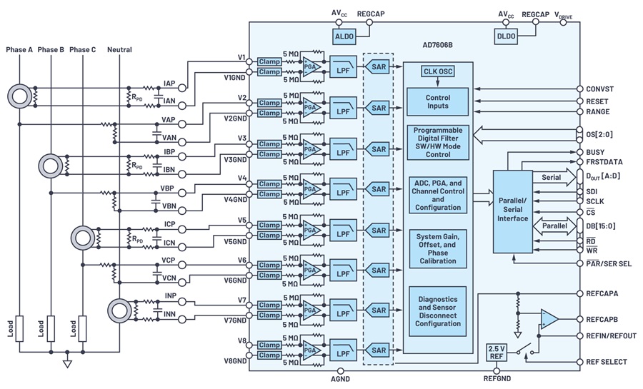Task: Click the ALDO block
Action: point(343,36)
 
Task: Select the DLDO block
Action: point(506,36)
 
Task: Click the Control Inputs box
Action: point(437,101)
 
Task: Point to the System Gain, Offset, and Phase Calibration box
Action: point(437,248)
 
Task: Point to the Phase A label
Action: point(19,49)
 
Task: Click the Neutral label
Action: point(119,49)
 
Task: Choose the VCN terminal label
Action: point(169,278)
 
